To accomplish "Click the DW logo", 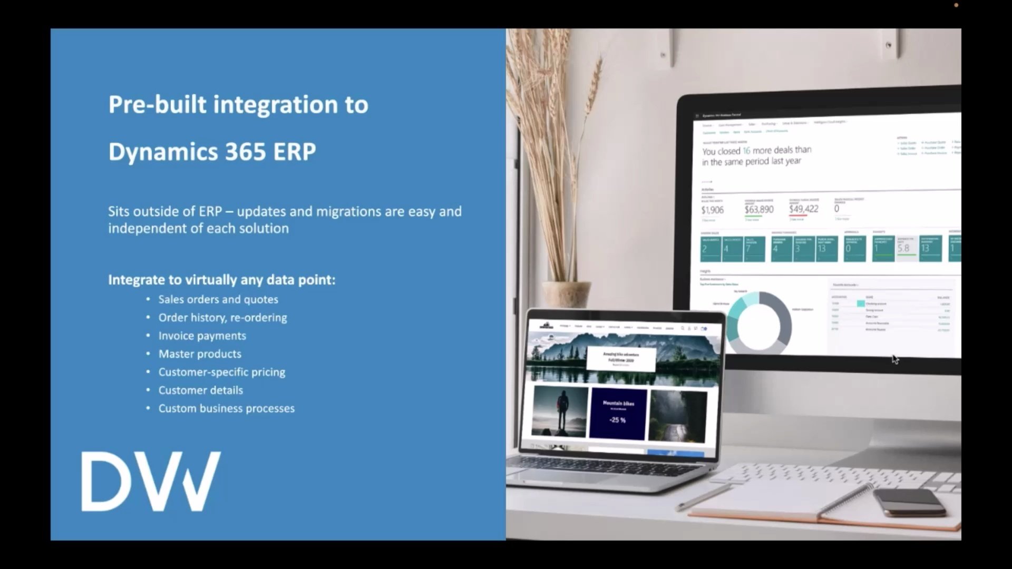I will pyautogui.click(x=151, y=481).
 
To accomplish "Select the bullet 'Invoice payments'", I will pyautogui.click(x=202, y=336).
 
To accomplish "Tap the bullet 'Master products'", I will pyautogui.click(x=200, y=354).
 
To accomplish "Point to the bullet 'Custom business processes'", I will pyautogui.click(x=226, y=409).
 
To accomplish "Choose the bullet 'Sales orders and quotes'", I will pyautogui.click(x=218, y=300).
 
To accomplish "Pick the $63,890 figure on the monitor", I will pyautogui.click(x=759, y=210).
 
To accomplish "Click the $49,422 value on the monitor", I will pyautogui.click(x=803, y=209).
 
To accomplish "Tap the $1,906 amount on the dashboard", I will pyautogui.click(x=712, y=210).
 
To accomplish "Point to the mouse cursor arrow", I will pyautogui.click(x=895, y=359).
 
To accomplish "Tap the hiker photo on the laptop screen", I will pyautogui.click(x=559, y=413).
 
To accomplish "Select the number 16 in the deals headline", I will pyautogui.click(x=746, y=151).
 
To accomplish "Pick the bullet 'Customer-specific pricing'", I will pyautogui.click(x=221, y=372).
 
